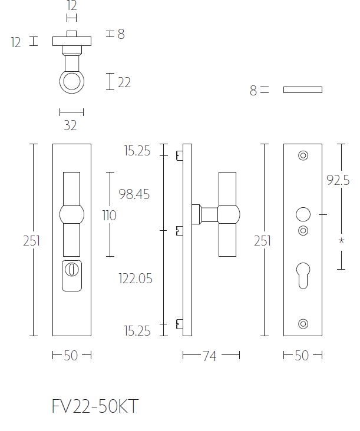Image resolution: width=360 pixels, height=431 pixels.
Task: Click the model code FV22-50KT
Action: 95,407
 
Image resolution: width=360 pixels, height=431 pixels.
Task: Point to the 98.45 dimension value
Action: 134,194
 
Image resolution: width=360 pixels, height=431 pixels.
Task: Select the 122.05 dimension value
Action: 135,278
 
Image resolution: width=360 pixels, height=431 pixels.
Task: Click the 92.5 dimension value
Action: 338,181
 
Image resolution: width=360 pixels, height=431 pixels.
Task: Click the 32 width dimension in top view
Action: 71,125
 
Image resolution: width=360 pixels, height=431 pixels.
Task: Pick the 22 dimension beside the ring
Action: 124,82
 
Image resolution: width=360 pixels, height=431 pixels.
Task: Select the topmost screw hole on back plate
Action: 303,155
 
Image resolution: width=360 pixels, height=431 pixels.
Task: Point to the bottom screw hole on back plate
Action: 303,323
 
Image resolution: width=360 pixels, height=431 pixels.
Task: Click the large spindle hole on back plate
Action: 303,214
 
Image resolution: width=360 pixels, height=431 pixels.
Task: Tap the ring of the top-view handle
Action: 71,81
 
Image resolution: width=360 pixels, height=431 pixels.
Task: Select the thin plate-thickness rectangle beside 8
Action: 302,90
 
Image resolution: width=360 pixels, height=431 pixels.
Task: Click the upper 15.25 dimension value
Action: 137,151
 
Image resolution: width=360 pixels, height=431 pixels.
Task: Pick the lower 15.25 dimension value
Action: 137,331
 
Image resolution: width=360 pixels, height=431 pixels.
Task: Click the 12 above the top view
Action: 71,6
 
